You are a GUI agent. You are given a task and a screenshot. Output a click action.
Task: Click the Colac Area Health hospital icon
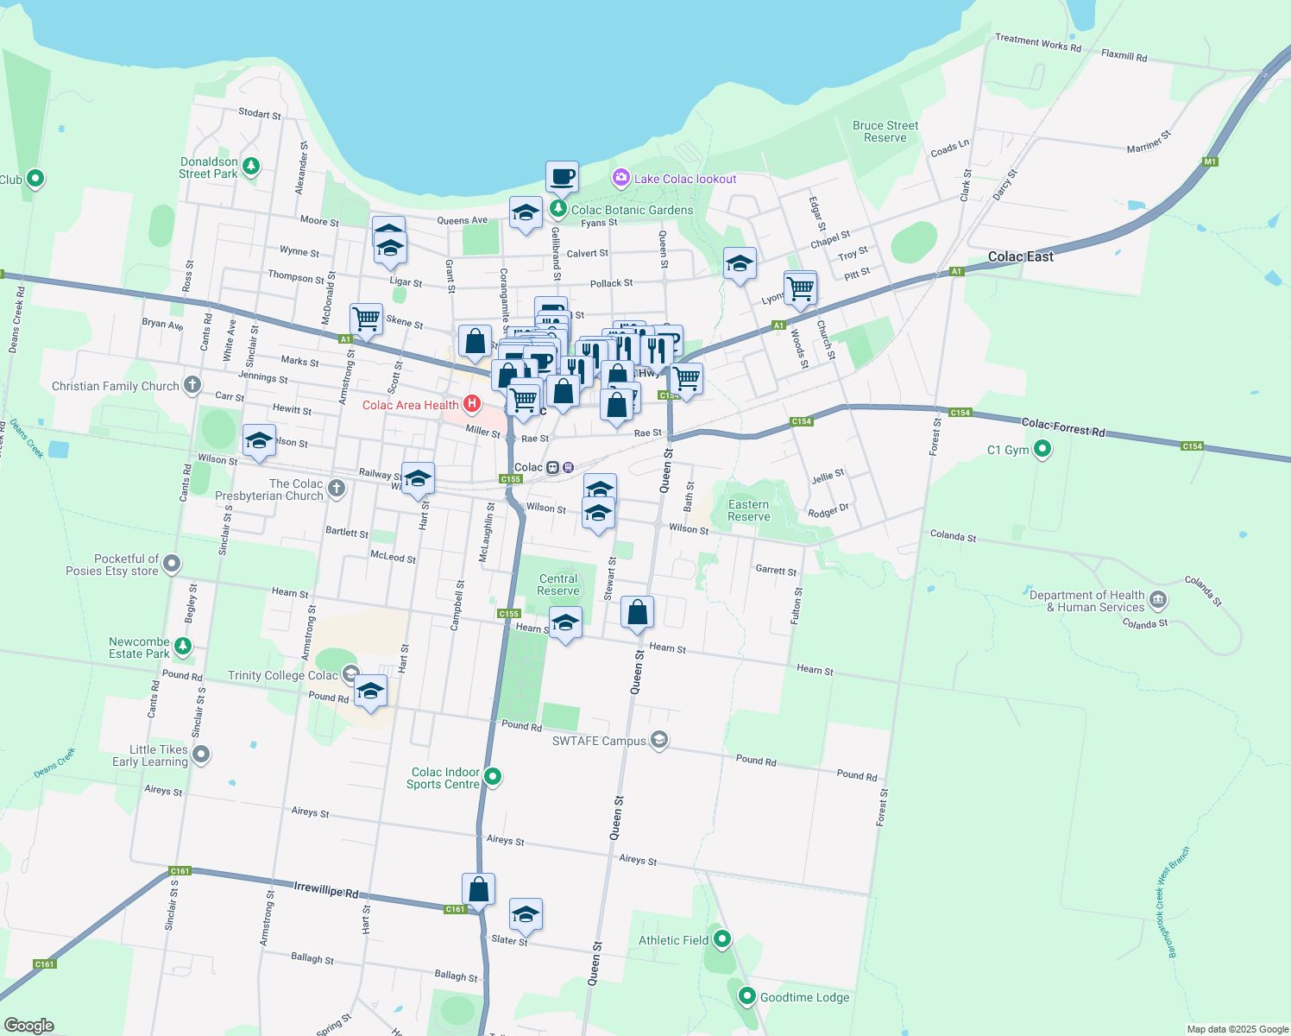[472, 404]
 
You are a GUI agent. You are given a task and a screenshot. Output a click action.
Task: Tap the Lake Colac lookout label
[685, 179]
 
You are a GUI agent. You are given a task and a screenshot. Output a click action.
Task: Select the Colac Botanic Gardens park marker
[558, 209]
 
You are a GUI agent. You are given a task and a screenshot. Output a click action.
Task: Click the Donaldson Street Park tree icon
[251, 166]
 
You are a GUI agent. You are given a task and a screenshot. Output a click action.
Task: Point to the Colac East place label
[1021, 256]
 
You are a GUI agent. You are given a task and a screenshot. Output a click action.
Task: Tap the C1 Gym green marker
[1042, 449]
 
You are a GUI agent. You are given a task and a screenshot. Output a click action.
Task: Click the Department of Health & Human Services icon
[1158, 599]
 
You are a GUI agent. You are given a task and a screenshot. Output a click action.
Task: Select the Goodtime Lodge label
[804, 997]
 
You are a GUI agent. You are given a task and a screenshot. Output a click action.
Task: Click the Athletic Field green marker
[722, 938]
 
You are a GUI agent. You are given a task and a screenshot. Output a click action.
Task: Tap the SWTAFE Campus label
[599, 741]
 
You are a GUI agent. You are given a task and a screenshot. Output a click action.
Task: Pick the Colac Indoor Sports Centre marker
[493, 776]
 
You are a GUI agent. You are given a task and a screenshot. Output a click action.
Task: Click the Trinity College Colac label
[283, 675]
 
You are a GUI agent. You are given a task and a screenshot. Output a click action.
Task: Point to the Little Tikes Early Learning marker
[201, 755]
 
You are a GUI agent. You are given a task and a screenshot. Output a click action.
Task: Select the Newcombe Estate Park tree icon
[182, 646]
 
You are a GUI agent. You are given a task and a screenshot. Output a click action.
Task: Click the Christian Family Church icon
[192, 385]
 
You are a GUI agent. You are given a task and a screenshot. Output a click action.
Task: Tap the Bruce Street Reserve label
[885, 131]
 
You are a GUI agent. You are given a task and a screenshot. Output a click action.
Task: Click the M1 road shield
[1210, 161]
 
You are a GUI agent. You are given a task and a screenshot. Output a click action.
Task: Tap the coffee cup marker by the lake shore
[562, 177]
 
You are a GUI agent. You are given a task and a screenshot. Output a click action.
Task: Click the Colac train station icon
[553, 467]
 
